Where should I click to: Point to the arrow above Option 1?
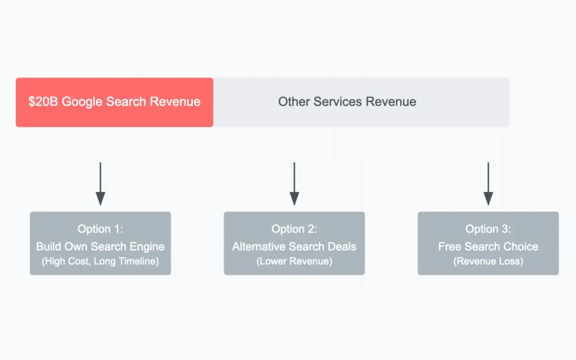[100, 184]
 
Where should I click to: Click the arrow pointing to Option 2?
[294, 184]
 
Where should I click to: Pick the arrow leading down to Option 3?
[488, 184]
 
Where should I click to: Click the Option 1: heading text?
[100, 229]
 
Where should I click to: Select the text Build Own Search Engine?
[100, 247]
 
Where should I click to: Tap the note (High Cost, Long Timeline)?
[100, 262]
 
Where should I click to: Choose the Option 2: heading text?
[294, 229]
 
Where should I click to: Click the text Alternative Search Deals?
[294, 247]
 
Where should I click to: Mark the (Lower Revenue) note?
[294, 262]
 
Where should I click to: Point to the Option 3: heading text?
[488, 229]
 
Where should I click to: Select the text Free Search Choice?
[488, 247]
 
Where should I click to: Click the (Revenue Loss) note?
[488, 262]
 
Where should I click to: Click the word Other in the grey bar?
[294, 102]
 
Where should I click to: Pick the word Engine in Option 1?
[148, 247]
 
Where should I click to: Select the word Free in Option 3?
[449, 247]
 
